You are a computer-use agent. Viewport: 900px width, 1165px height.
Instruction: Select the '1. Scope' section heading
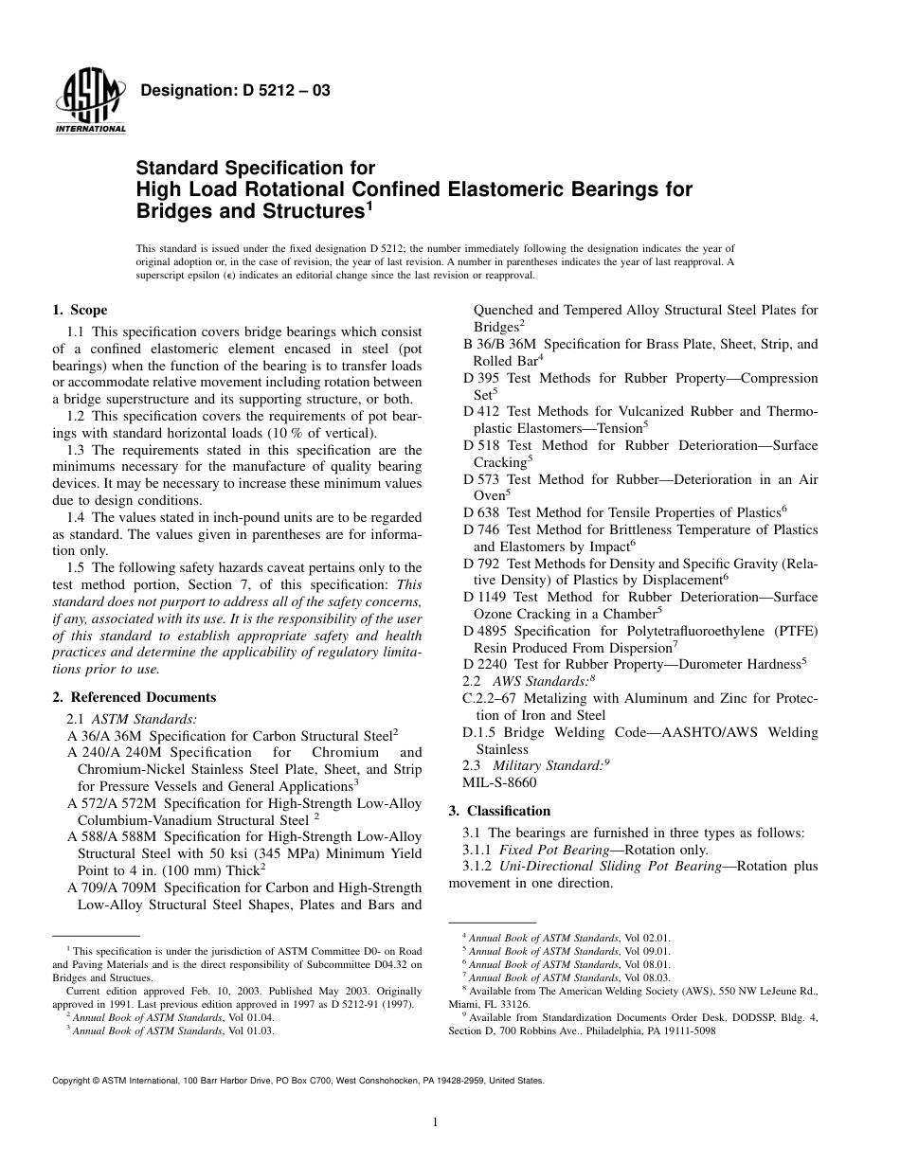coord(80,310)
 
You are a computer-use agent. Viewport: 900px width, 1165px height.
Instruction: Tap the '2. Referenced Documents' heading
coord(134,697)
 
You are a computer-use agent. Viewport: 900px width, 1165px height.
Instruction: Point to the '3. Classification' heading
coord(499,811)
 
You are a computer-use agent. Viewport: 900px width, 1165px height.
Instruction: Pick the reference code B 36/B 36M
coord(500,344)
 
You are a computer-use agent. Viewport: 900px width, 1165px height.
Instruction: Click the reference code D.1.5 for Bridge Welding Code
coord(481,732)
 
